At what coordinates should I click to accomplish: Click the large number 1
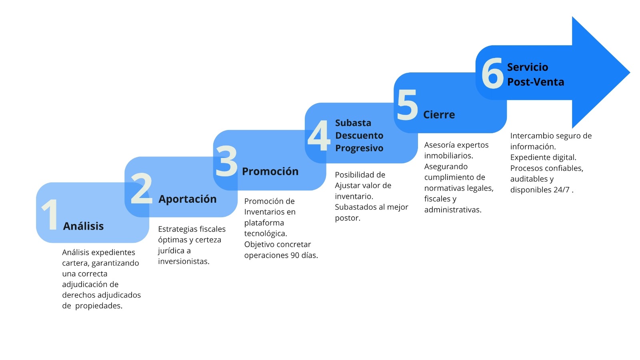point(50,214)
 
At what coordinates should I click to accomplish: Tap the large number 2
point(141,188)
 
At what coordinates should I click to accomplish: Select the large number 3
point(226,161)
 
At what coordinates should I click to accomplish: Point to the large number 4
point(318,135)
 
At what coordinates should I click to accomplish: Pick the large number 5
point(407,105)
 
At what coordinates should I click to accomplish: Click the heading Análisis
point(83,226)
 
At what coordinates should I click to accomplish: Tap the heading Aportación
point(188,199)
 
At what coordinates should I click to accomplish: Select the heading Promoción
point(270,172)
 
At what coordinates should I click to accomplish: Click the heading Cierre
point(439,114)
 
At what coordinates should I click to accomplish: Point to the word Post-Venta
point(536,82)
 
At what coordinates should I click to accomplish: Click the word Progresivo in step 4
point(359,148)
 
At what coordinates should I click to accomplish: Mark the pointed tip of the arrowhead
point(630,72)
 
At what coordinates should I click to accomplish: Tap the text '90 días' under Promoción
point(304,255)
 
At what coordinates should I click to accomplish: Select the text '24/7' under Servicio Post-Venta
point(561,190)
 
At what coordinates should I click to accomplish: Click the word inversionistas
point(184,262)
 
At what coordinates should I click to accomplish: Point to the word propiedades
point(98,306)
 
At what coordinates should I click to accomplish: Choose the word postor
point(348,218)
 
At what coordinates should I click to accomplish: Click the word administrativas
point(452,210)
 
